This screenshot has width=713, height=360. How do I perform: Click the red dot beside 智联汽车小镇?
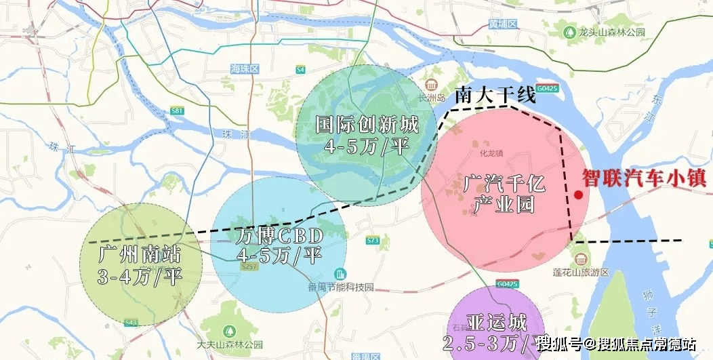[578, 195]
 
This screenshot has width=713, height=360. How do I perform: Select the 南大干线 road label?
[495, 96]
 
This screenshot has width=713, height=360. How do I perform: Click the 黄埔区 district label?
[502, 24]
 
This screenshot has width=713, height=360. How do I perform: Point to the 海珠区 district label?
[244, 69]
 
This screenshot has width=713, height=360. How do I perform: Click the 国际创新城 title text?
[367, 125]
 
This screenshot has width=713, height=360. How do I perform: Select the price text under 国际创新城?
[367, 146]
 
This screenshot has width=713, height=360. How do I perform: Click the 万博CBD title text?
[279, 237]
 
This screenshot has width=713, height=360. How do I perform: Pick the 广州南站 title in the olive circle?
[140, 256]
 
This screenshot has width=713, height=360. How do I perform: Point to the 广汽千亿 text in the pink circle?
[504, 183]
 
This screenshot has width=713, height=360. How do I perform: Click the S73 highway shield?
[372, 241]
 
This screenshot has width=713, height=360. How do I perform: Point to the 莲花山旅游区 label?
[588, 271]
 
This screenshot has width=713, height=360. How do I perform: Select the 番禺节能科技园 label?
[346, 287]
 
